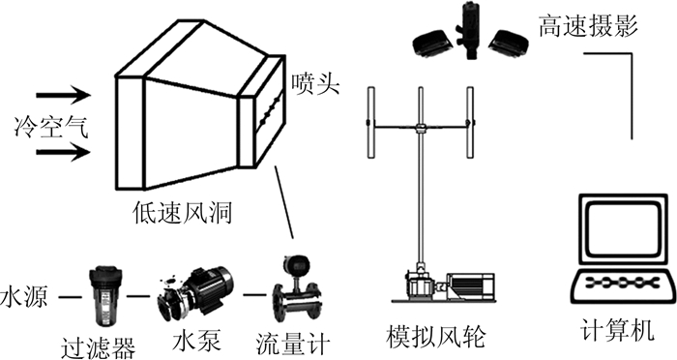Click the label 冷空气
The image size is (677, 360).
coord(51,127)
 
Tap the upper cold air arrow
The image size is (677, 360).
coord(64,95)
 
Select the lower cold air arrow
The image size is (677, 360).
coord(64,153)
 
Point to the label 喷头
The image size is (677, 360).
coord(315,83)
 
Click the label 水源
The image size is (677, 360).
coord(23,296)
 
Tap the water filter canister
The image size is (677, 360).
coord(105,296)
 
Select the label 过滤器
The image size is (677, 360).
coord(98,347)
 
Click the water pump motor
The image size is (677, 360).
coord(195,292)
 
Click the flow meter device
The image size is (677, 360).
coord(297,289)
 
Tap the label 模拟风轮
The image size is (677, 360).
coord(436,337)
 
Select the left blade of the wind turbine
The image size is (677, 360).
coord(370,122)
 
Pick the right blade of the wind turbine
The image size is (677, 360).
coord(469,122)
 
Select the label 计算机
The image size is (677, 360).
coord(617,330)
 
